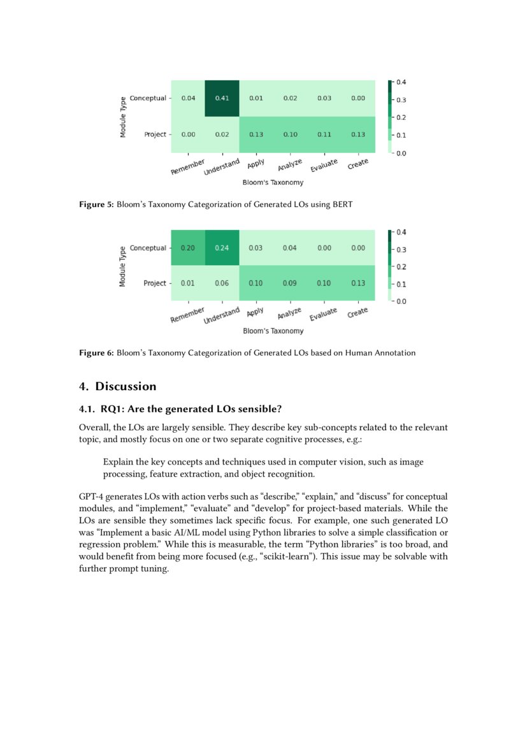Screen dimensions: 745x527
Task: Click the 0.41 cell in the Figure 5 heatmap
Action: (x=222, y=99)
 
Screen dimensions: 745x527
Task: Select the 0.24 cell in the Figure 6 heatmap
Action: (x=222, y=248)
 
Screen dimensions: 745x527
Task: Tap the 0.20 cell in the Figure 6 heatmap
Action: (x=188, y=248)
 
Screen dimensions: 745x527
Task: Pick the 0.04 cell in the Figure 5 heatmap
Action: (x=188, y=99)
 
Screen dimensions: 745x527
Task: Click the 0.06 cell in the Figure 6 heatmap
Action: (x=222, y=283)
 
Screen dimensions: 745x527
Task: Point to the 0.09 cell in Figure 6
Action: (x=290, y=283)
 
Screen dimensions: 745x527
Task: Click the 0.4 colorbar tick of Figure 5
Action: (x=401, y=82)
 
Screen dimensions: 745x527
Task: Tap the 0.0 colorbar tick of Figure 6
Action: (x=401, y=301)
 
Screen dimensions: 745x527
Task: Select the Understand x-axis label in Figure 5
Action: (x=221, y=168)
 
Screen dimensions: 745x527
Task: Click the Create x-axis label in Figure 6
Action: (x=357, y=313)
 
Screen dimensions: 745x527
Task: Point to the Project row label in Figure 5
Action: (x=155, y=134)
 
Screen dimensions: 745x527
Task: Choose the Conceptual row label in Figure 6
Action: (x=148, y=248)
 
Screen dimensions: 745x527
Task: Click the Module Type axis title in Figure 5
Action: (x=123, y=117)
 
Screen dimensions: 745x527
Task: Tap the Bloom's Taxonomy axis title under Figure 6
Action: (x=273, y=331)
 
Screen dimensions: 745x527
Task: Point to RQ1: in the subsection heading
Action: (x=113, y=409)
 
